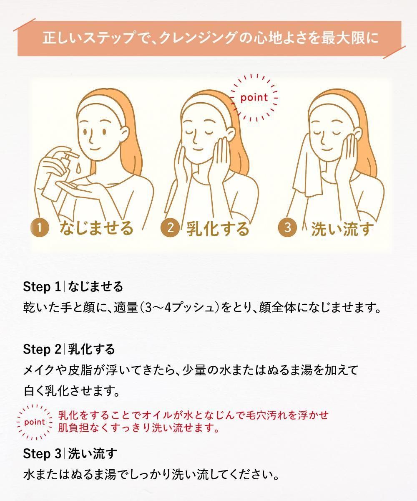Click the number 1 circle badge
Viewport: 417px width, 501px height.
tap(40, 228)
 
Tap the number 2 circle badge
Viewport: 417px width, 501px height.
tap(170, 228)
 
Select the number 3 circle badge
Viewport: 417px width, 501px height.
tap(288, 227)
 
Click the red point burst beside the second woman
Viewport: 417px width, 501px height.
tap(254, 98)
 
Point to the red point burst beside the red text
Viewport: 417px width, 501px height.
tap(35, 422)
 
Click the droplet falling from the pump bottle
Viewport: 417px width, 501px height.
tap(78, 168)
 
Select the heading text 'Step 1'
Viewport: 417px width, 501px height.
tap(42, 287)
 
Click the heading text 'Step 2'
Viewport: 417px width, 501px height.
tap(42, 349)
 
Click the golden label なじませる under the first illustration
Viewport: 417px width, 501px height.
tap(96, 228)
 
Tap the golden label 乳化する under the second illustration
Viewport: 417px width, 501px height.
tap(218, 228)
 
